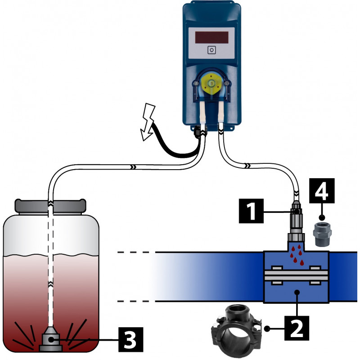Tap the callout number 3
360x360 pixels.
pyautogui.click(x=130, y=339)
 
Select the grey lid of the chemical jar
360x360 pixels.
pyautogui.click(x=50, y=206)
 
